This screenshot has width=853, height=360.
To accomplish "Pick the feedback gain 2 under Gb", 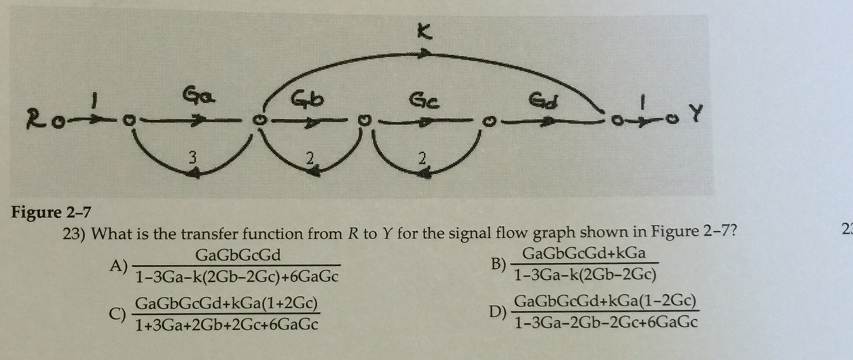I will (310, 161).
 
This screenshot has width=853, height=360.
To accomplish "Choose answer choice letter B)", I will (499, 264).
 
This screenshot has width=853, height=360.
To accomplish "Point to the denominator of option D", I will (606, 323).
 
